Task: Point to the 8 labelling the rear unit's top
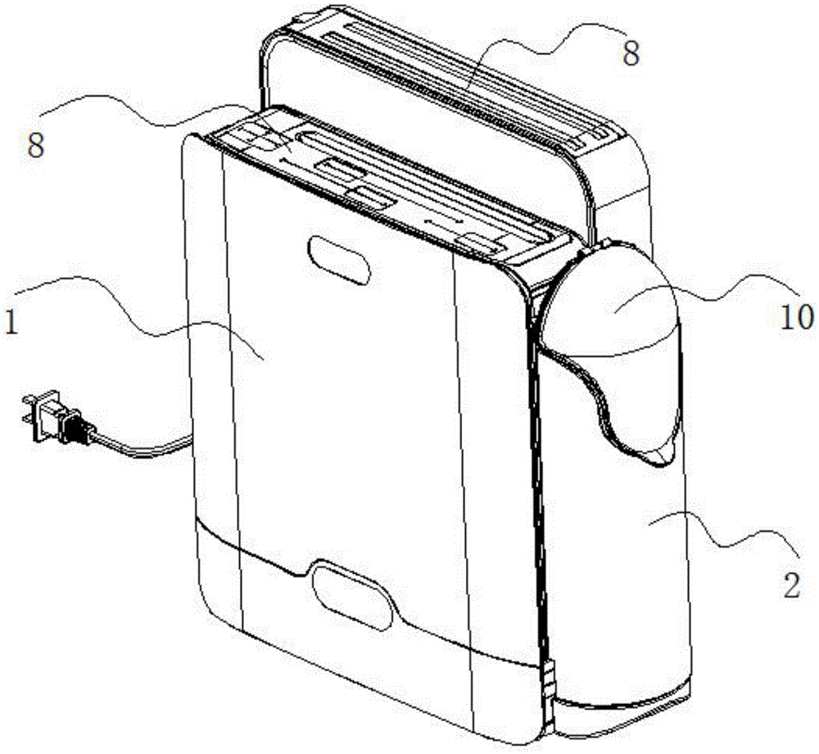(630, 54)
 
